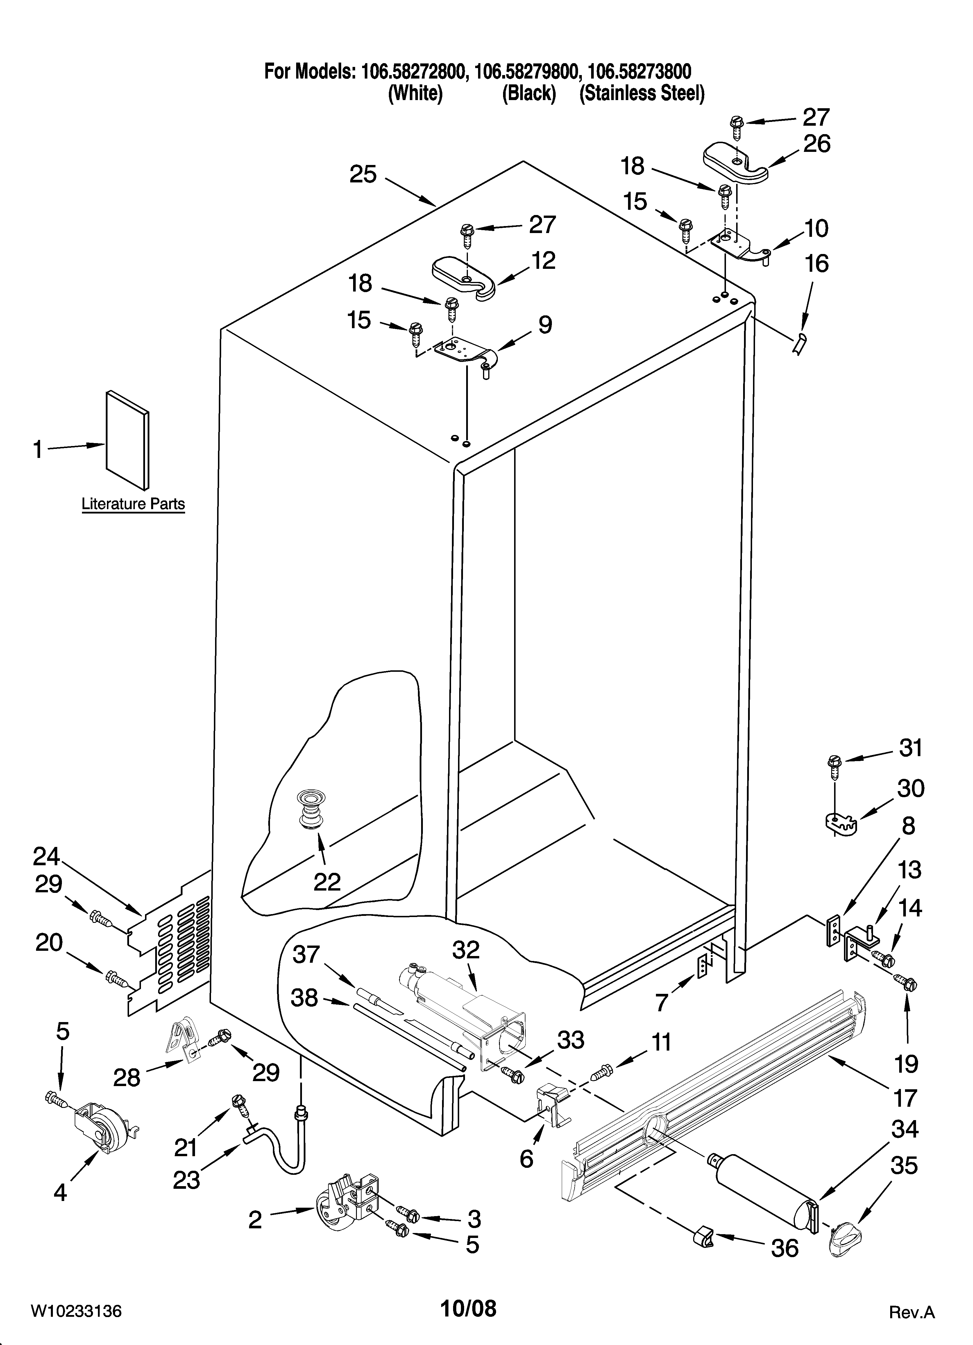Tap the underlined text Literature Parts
(133, 504)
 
